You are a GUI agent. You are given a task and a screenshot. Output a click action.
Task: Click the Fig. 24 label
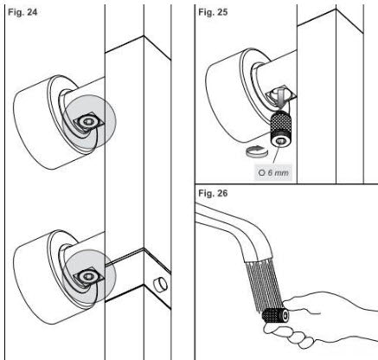pyautogui.click(x=22, y=12)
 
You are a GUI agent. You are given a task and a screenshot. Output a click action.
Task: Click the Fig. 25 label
pyautogui.click(x=213, y=12)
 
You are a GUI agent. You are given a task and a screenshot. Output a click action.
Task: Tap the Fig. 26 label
pyautogui.click(x=213, y=193)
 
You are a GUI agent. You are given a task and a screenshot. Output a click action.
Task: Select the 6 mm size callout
pyautogui.click(x=273, y=172)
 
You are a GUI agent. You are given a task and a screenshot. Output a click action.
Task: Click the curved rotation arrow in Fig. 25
pyautogui.click(x=257, y=151)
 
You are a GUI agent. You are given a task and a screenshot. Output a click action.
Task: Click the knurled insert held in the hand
pyautogui.click(x=276, y=315)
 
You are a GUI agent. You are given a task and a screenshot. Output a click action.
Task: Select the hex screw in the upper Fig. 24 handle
pyautogui.click(x=86, y=122)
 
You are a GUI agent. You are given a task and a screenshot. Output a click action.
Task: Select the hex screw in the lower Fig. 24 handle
pyautogui.click(x=86, y=276)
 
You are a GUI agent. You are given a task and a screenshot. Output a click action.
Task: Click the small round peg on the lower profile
pyautogui.click(x=160, y=285)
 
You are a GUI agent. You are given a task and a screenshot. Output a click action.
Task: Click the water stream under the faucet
pyautogui.click(x=264, y=286)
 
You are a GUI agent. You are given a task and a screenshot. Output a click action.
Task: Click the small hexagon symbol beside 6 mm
pyautogui.click(x=262, y=173)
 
